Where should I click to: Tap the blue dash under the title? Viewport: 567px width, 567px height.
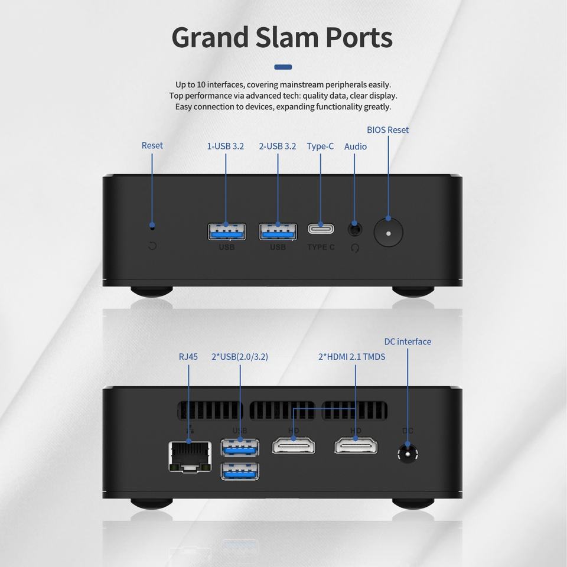283,67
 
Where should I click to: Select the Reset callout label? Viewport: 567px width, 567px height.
152,145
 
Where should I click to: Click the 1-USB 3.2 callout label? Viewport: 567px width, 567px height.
225,146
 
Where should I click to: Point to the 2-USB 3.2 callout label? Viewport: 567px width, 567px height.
278,146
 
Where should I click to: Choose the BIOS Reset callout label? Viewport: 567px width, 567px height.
387,130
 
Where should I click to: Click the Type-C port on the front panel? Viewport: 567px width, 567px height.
321,229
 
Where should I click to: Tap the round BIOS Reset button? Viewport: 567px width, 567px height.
389,233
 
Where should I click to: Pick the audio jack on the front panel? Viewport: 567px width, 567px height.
355,229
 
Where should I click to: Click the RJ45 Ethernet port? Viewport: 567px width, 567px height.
190,457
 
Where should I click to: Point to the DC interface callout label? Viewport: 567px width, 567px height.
408,341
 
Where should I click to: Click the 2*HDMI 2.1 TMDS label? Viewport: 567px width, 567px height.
351,357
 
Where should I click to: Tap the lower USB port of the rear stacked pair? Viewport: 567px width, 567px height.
240,471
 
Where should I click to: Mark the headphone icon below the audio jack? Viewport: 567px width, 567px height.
355,248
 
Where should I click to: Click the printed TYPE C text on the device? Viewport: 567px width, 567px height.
321,247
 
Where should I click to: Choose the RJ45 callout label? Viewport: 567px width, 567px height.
188,357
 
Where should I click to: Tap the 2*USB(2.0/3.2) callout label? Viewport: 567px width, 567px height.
240,357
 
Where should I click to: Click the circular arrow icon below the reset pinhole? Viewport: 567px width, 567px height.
152,246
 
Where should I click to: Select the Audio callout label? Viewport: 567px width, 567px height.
356,146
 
